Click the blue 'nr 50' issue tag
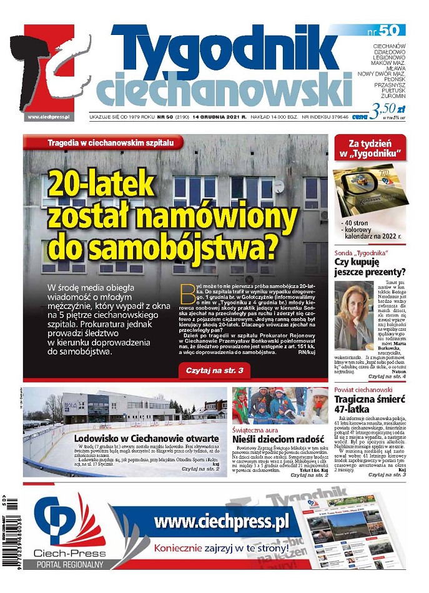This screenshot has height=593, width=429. [x=392, y=30]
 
